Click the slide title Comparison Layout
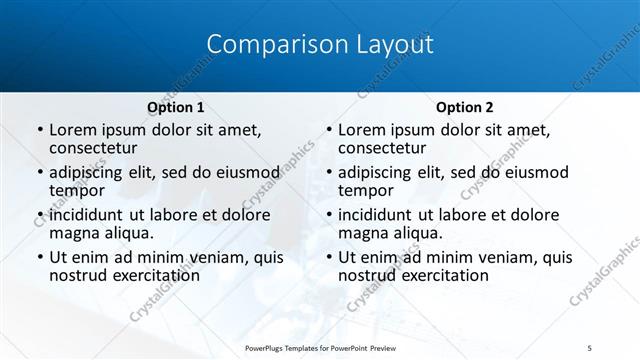pyautogui.click(x=319, y=45)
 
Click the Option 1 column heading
pyautogui.click(x=176, y=107)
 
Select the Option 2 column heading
pyautogui.click(x=465, y=107)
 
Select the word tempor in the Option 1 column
pyautogui.click(x=77, y=189)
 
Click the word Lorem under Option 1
pyautogui.click(x=72, y=130)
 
